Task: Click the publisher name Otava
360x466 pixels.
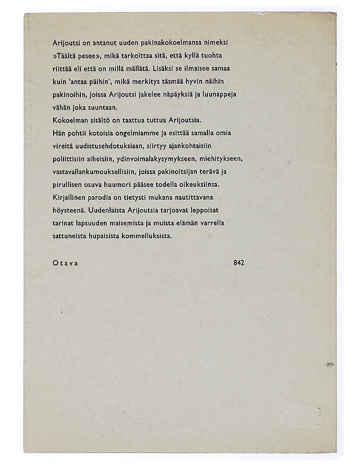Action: click(x=65, y=263)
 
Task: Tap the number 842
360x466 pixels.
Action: click(x=238, y=263)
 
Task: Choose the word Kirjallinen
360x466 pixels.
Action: click(x=69, y=197)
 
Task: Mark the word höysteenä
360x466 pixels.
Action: click(x=67, y=211)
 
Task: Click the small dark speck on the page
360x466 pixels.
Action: click(x=330, y=364)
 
